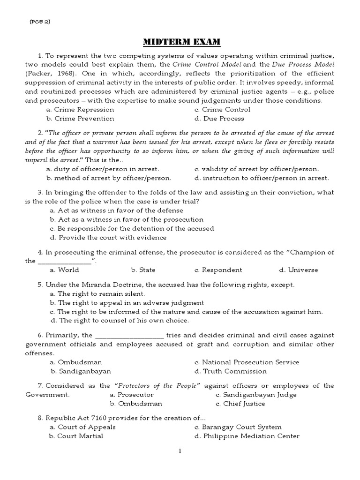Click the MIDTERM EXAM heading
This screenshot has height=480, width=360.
click(x=180, y=42)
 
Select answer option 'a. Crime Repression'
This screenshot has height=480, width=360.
click(x=80, y=110)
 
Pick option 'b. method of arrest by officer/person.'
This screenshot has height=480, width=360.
click(x=109, y=178)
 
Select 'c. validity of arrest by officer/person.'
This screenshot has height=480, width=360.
click(x=256, y=169)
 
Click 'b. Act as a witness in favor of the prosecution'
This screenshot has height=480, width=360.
click(x=127, y=219)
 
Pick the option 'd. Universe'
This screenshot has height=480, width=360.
click(x=298, y=270)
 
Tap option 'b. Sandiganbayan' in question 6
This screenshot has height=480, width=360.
click(x=81, y=371)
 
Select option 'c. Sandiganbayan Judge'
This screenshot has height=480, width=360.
click(x=256, y=395)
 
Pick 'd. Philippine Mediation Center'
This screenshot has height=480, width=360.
click(x=247, y=436)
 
